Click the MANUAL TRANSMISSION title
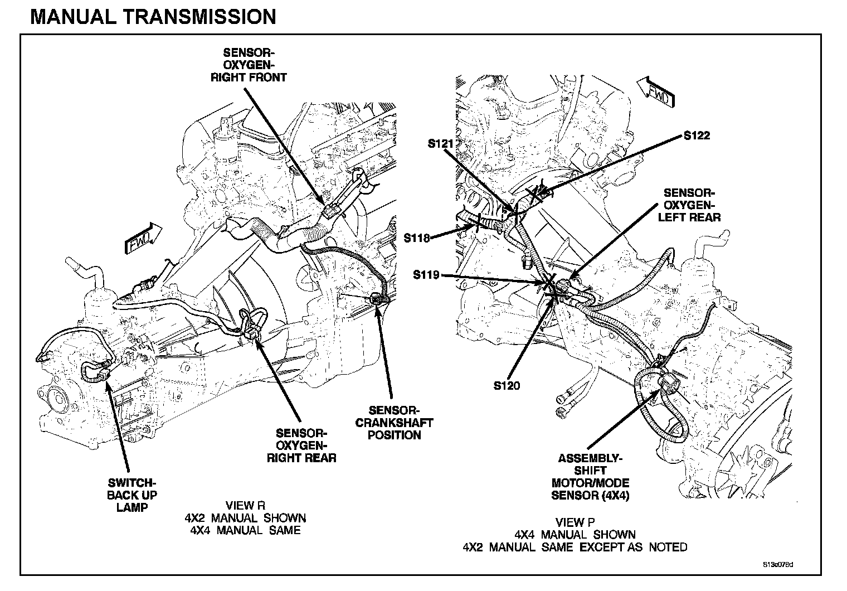click(x=153, y=17)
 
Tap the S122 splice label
click(x=697, y=135)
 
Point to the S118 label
click(x=416, y=238)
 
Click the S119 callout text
click(x=426, y=275)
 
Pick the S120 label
click(x=507, y=385)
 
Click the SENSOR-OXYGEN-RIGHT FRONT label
click(x=249, y=65)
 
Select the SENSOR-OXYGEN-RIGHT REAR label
click(x=301, y=445)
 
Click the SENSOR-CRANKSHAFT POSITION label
click(x=394, y=422)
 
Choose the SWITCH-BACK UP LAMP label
click(x=132, y=495)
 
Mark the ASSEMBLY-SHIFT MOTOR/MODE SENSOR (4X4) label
click(x=590, y=477)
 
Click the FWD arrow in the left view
click(x=144, y=238)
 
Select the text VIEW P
click(x=575, y=522)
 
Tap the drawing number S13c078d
click(x=778, y=564)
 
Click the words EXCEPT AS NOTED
click(x=634, y=547)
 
